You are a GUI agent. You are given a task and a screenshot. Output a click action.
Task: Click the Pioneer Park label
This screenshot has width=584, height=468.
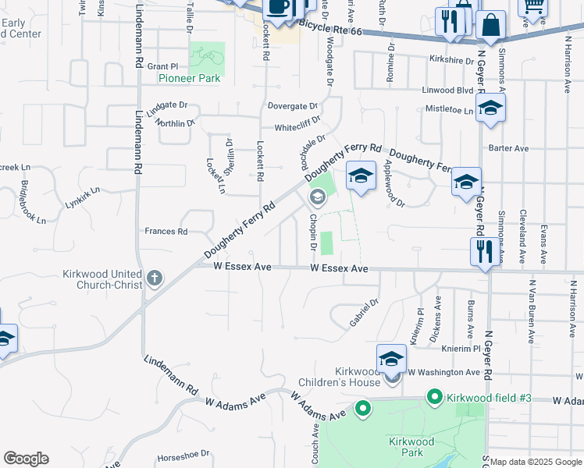(189, 78)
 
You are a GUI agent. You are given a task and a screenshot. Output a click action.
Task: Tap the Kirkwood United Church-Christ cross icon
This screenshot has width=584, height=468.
(155, 278)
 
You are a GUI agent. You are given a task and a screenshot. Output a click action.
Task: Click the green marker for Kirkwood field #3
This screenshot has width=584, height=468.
(436, 398)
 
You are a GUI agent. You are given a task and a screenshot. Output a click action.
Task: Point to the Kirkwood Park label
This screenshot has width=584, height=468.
(411, 447)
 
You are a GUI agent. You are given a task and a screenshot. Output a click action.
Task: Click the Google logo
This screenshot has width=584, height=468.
(26, 459)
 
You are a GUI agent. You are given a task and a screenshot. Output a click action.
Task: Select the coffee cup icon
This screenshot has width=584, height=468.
(279, 8)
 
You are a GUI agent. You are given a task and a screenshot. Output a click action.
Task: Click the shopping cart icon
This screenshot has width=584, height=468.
(533, 8)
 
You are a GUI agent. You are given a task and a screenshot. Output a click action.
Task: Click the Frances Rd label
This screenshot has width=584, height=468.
(166, 232)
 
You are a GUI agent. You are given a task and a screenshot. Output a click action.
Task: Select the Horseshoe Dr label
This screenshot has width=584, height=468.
(183, 453)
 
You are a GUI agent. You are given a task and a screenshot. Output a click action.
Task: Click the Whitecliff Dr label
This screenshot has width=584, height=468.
(297, 129)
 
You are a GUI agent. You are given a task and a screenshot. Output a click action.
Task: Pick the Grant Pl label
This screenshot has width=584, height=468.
(163, 67)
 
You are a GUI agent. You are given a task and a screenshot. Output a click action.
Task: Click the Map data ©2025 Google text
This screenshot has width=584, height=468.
(536, 462)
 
